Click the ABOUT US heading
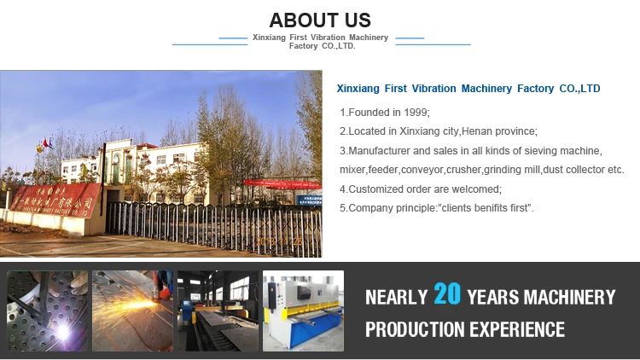tap(320, 20)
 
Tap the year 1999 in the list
tap(413, 113)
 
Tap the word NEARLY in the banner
tap(396, 297)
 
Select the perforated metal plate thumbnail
tap(48, 311)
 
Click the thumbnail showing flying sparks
tap(132, 311)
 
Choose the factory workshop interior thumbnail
tap(218, 311)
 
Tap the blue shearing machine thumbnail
tap(303, 311)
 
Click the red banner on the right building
tap(282, 182)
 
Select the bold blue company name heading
tap(468, 89)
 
